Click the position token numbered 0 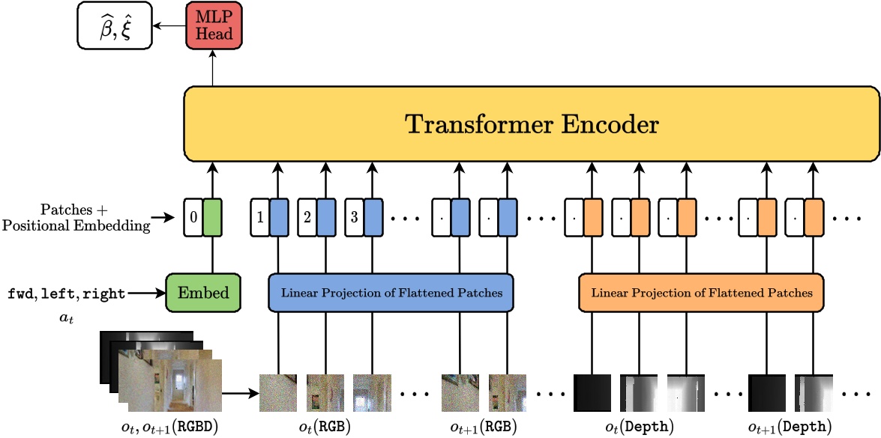click(193, 218)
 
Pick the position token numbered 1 click(260, 218)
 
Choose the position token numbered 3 click(355, 218)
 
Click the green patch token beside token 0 click(212, 218)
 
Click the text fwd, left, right click(67, 294)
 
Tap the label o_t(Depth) click(640, 426)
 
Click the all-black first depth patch click(592, 392)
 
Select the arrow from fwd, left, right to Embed click(146, 294)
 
